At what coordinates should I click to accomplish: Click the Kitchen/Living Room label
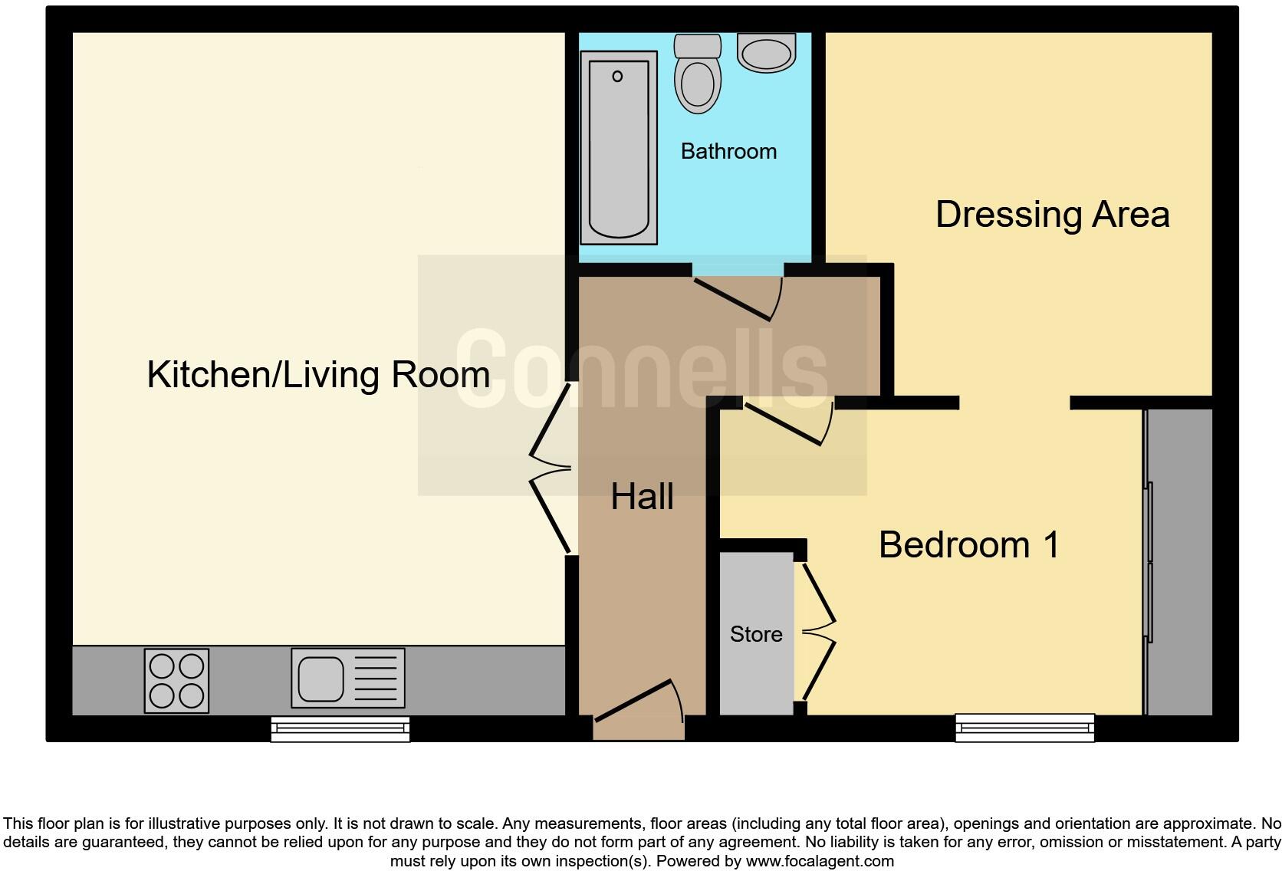tap(318, 375)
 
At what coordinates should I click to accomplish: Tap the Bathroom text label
tap(728, 151)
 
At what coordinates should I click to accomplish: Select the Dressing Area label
tap(1052, 214)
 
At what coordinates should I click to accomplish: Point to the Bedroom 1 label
tap(969, 545)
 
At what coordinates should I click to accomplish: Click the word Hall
tap(642, 497)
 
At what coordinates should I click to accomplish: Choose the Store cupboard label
tap(756, 634)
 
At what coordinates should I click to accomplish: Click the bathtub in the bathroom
tap(619, 147)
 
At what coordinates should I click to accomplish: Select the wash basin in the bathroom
tap(766, 53)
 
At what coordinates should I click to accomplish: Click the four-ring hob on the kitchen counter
tap(176, 681)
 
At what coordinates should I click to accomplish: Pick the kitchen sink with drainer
tap(347, 679)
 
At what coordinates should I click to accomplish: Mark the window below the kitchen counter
tap(340, 729)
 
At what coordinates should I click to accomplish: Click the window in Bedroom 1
tap(1024, 728)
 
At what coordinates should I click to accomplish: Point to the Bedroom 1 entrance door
tap(788, 424)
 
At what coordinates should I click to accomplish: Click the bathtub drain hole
tap(617, 76)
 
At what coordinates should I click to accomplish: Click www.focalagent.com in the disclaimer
tap(819, 861)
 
